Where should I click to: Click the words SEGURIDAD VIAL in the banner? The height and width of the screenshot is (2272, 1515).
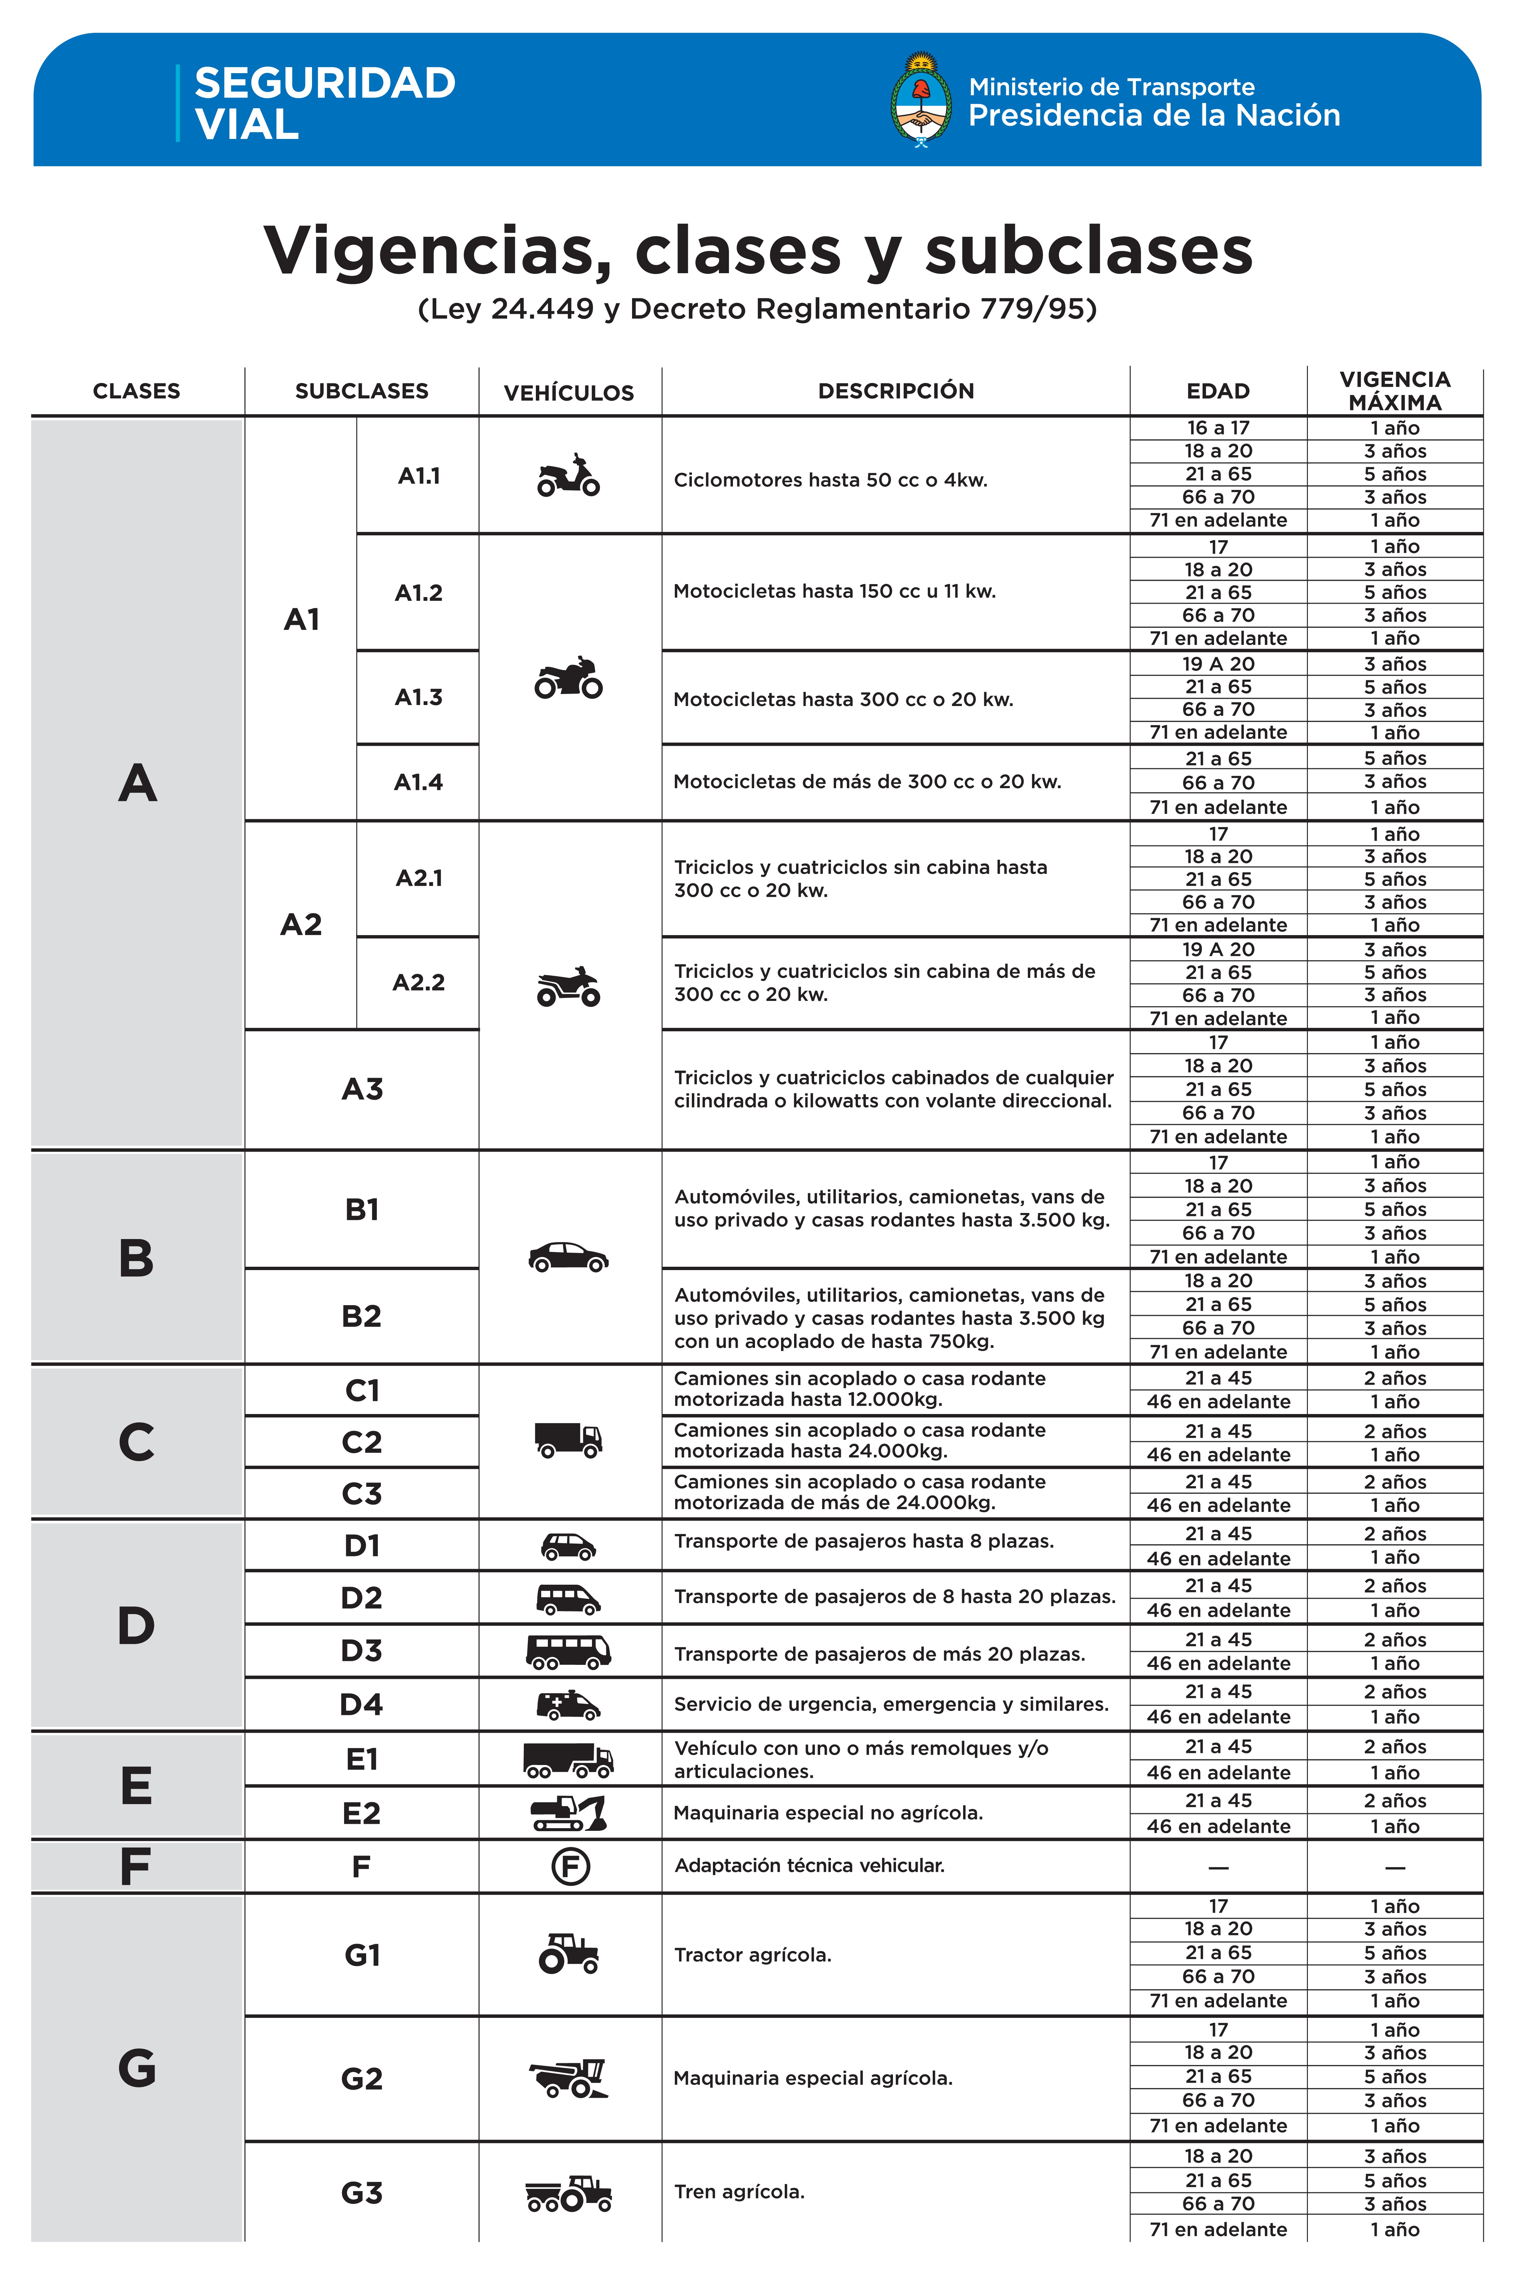tap(325, 103)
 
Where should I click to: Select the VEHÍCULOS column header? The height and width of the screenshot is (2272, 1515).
tap(569, 392)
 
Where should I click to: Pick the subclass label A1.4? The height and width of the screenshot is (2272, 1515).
tap(418, 782)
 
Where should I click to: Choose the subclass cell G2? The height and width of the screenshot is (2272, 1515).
tap(361, 2078)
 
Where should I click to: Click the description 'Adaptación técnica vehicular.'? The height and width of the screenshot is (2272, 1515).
tap(809, 1865)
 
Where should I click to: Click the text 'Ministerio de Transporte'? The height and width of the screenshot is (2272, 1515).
tap(1111, 87)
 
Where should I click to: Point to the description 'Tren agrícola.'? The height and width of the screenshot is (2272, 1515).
tap(739, 2192)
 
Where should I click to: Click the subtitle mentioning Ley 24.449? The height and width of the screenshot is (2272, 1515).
tap(758, 309)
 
